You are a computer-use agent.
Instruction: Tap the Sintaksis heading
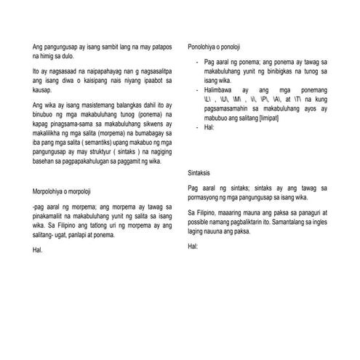pyautogui.click(x=201, y=173)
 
